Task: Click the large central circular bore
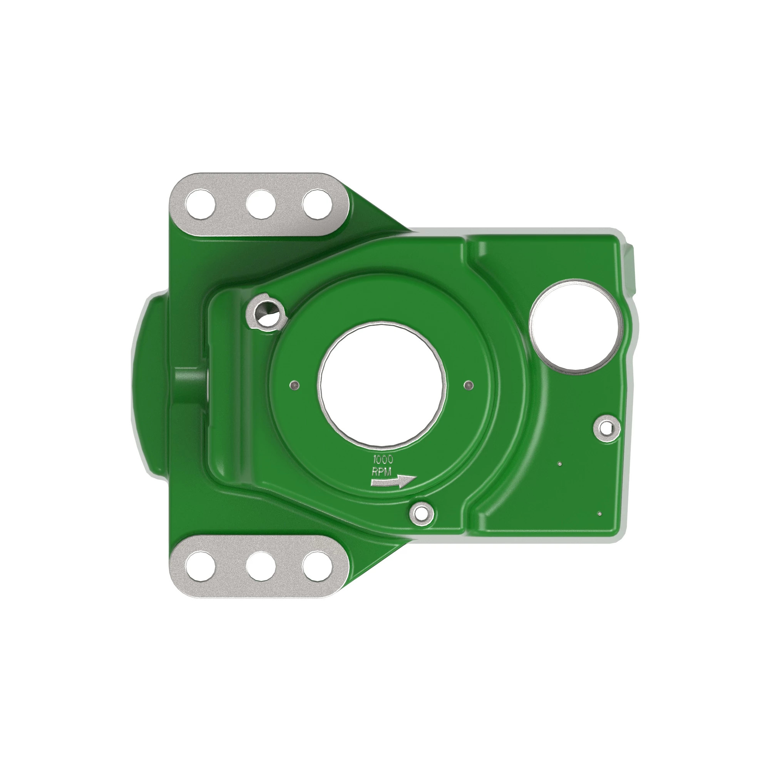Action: click(x=382, y=384)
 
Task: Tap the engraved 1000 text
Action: click(x=383, y=459)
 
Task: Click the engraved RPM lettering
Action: click(x=382, y=472)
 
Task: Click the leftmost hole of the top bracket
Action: click(x=201, y=204)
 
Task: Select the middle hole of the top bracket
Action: click(x=261, y=204)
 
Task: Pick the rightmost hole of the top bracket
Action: click(x=317, y=204)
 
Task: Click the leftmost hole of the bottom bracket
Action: click(x=201, y=566)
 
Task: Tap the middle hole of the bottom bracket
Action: click(x=261, y=566)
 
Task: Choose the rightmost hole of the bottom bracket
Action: click(x=317, y=566)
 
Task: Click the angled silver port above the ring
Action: click(x=266, y=312)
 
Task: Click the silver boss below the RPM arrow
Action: click(x=422, y=514)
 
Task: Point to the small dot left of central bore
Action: click(x=295, y=385)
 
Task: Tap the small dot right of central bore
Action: click(x=469, y=385)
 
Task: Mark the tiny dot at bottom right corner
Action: click(x=599, y=514)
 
